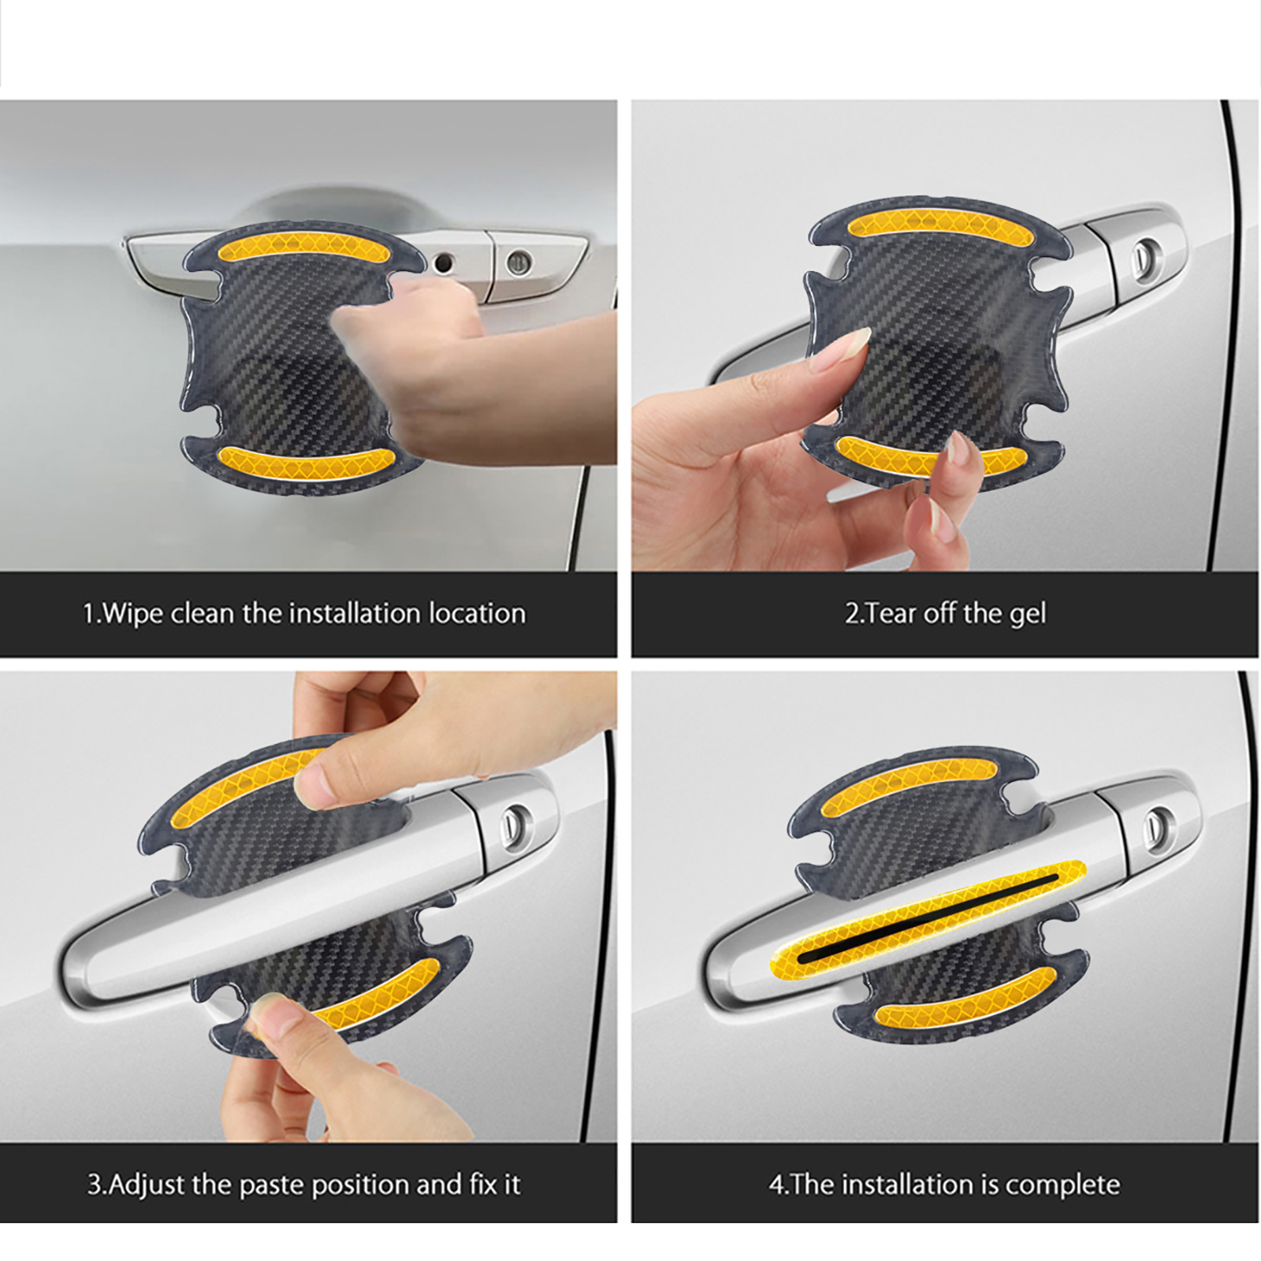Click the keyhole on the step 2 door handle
(1143, 255)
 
